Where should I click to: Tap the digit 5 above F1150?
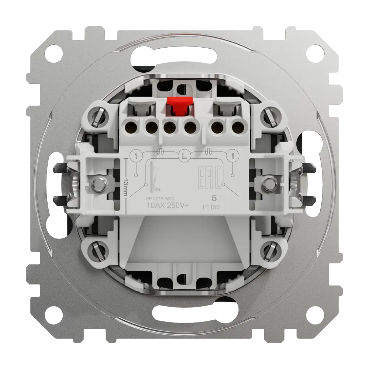[213, 198]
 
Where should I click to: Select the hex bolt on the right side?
[270, 183]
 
